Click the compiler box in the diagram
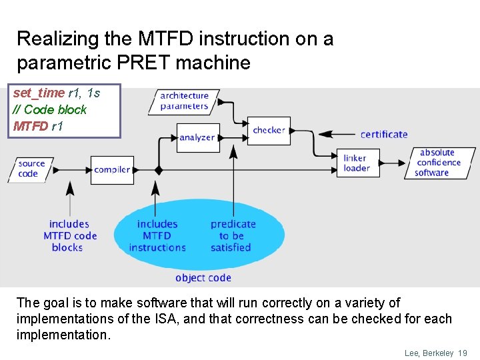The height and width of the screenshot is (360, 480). (x=112, y=170)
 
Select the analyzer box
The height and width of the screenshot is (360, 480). (x=197, y=137)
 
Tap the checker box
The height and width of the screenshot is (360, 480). (x=269, y=131)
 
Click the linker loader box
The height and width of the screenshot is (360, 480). (x=357, y=163)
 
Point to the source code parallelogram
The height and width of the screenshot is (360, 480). (x=31, y=169)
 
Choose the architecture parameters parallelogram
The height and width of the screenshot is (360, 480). (x=184, y=101)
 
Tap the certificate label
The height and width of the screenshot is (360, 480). (x=383, y=135)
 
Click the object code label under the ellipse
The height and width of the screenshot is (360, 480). (x=203, y=278)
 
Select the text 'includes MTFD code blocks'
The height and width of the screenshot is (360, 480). (x=69, y=236)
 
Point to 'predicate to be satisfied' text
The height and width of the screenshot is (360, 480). (x=232, y=236)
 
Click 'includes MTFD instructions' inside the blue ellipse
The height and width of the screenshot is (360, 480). (x=157, y=236)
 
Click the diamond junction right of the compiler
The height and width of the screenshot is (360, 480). (x=159, y=170)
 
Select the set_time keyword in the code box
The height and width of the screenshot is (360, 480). (x=39, y=93)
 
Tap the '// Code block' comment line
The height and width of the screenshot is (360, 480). (x=50, y=109)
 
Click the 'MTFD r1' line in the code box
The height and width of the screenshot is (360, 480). (x=38, y=125)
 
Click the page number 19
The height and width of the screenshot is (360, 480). (x=463, y=353)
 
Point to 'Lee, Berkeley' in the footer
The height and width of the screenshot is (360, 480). (x=429, y=353)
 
